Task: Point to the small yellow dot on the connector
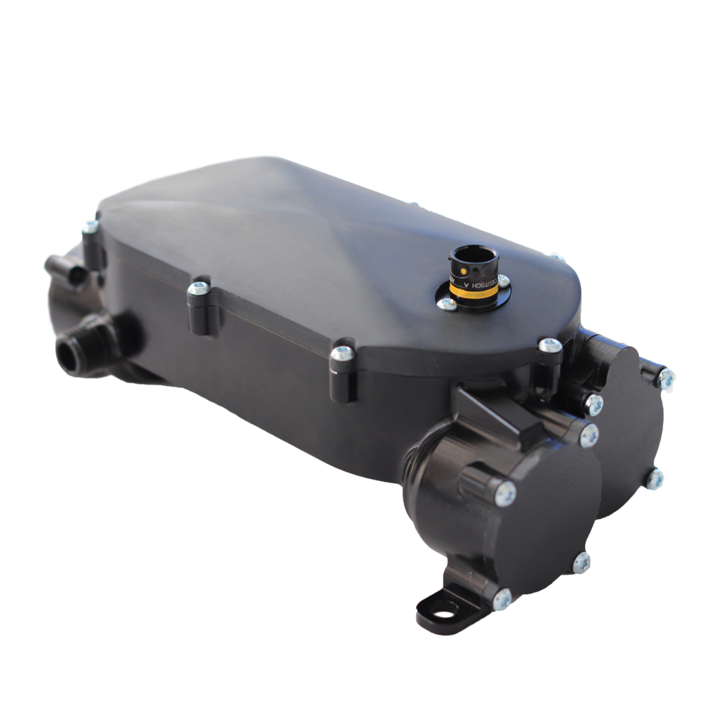[463, 272]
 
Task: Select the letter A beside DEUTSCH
[495, 285]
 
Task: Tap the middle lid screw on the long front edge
[198, 288]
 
